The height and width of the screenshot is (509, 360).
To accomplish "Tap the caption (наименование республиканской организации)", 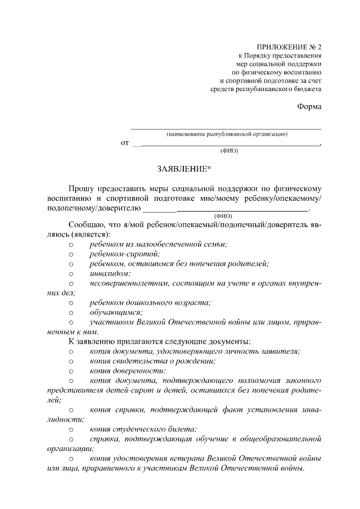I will pos(227,134).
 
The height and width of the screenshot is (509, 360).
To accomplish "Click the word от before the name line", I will pos(125,143).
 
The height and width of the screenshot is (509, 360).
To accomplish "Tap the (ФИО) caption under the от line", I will pos(228,151).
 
